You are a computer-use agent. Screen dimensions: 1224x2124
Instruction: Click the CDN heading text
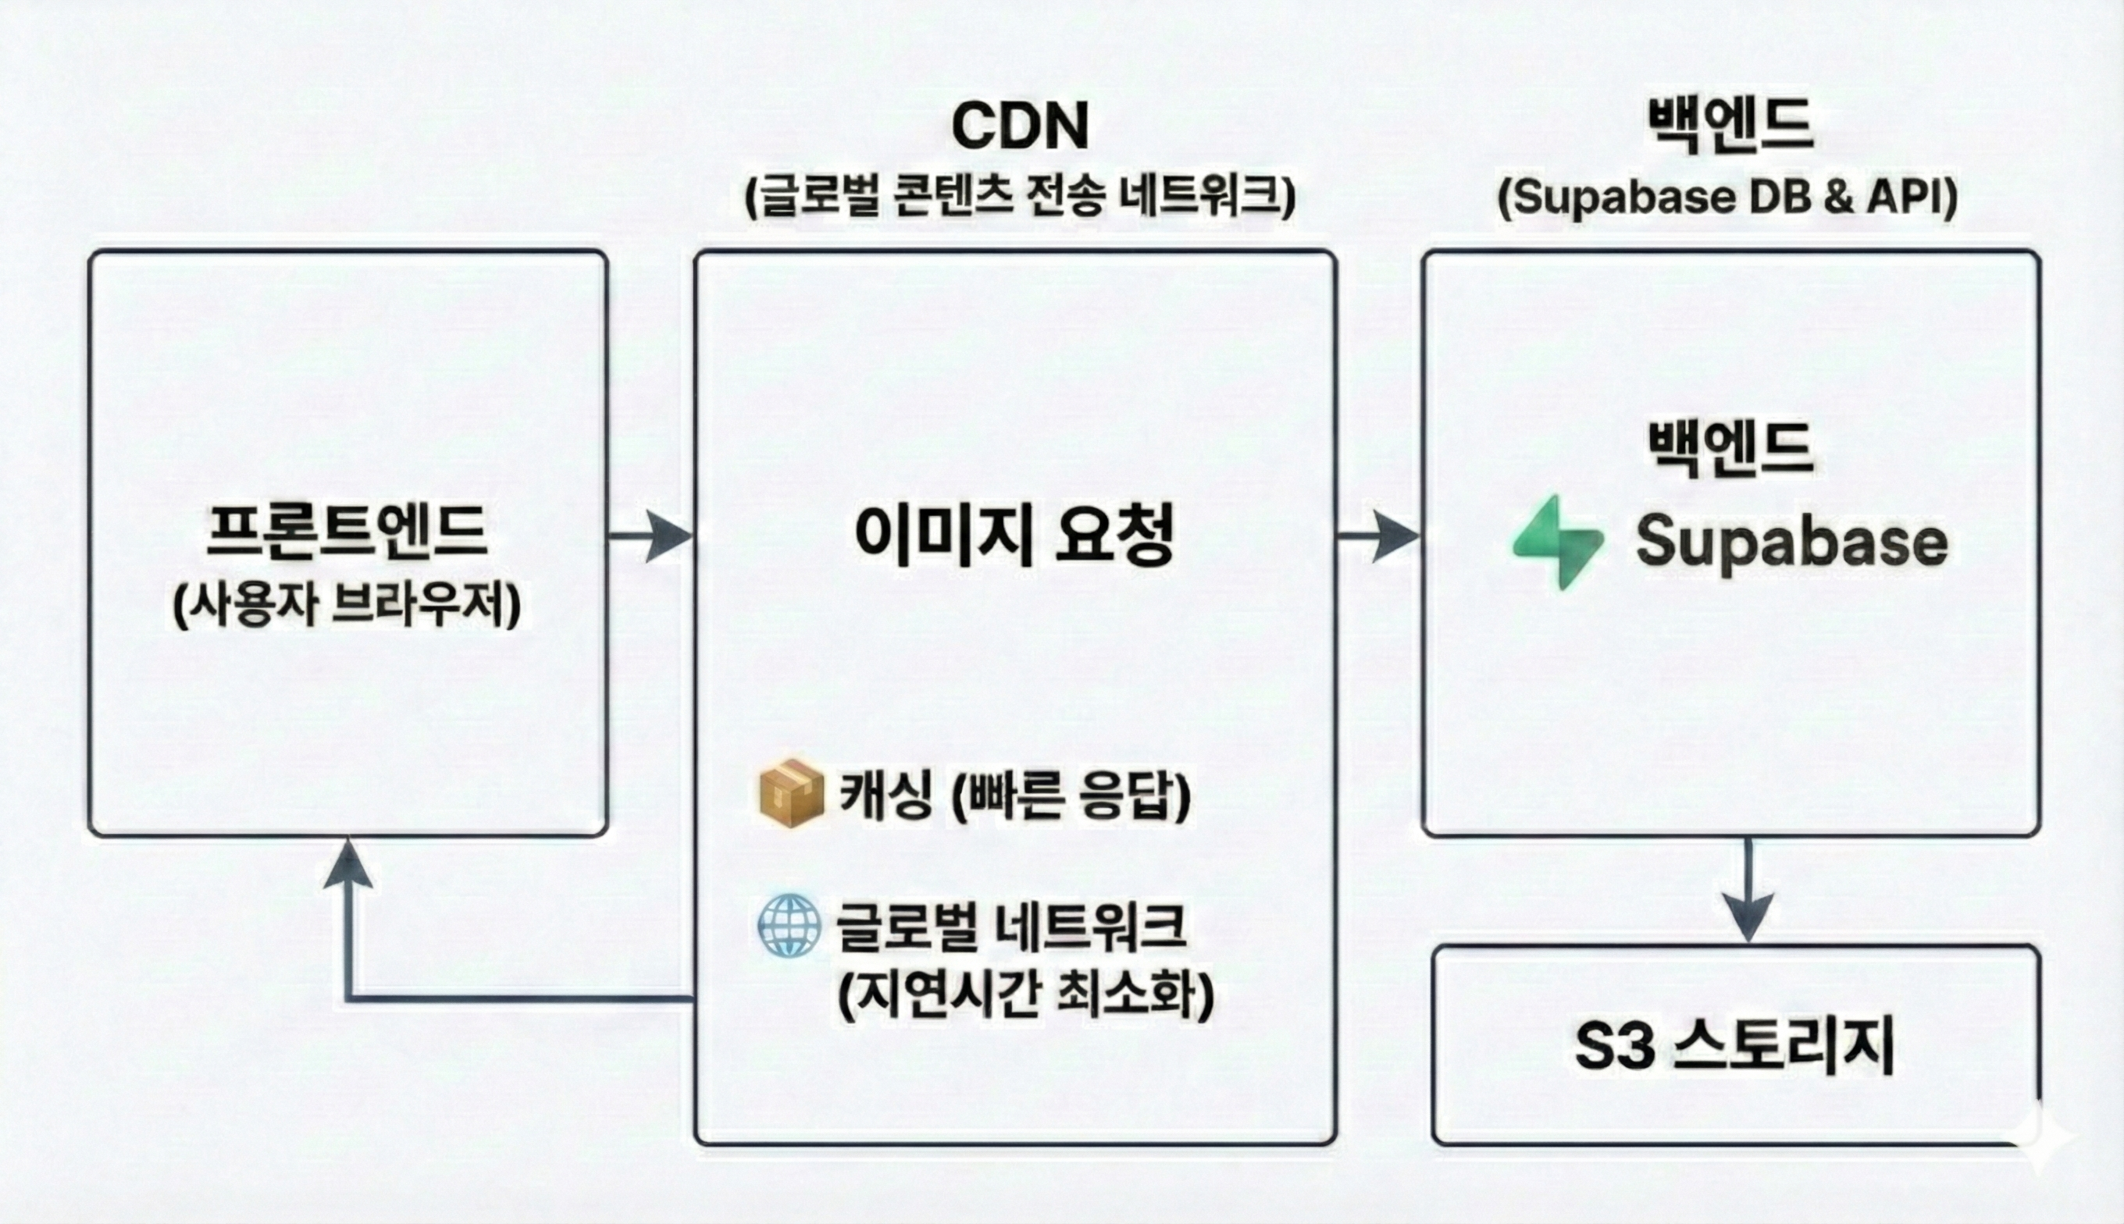coord(1019,126)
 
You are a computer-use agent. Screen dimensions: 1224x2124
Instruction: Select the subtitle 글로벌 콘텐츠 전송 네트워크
coord(1020,197)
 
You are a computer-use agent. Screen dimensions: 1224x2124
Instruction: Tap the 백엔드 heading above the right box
coord(1728,126)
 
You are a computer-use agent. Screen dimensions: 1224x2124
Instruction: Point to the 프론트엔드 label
coord(347,532)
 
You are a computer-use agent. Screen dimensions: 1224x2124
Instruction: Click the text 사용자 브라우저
coord(347,604)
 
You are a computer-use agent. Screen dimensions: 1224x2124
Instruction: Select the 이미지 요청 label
coord(1014,535)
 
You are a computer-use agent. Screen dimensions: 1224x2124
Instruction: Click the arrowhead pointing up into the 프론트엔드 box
coord(347,866)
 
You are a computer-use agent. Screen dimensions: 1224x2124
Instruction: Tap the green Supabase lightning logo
coord(1558,543)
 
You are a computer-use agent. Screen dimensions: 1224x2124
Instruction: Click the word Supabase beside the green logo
coord(1791,543)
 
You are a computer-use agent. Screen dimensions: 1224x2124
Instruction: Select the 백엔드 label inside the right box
coord(1728,450)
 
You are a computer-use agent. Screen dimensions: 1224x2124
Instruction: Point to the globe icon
coord(789,926)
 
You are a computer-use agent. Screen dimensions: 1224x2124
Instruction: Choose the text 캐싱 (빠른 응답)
coord(1015,795)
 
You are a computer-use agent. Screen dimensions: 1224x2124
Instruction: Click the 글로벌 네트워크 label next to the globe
coord(1010,927)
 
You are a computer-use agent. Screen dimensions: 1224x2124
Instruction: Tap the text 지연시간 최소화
coord(1026,994)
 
